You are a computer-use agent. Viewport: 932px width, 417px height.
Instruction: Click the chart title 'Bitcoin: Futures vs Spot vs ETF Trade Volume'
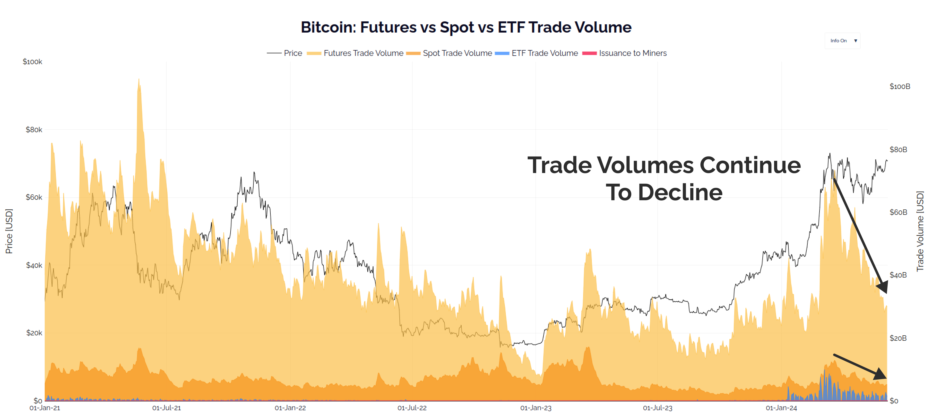point(466,27)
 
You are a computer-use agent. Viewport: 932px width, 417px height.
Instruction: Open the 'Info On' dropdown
point(843,41)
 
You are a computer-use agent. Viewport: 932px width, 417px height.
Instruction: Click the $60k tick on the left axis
point(34,197)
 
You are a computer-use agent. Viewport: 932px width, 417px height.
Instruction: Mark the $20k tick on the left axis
point(34,333)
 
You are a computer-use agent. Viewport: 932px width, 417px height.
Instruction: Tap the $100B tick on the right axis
point(900,87)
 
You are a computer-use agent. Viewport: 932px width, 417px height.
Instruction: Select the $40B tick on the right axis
point(898,275)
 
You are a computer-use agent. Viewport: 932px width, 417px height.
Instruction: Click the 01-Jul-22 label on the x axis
point(412,408)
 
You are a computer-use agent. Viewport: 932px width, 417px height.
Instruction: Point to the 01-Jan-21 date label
point(45,408)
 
